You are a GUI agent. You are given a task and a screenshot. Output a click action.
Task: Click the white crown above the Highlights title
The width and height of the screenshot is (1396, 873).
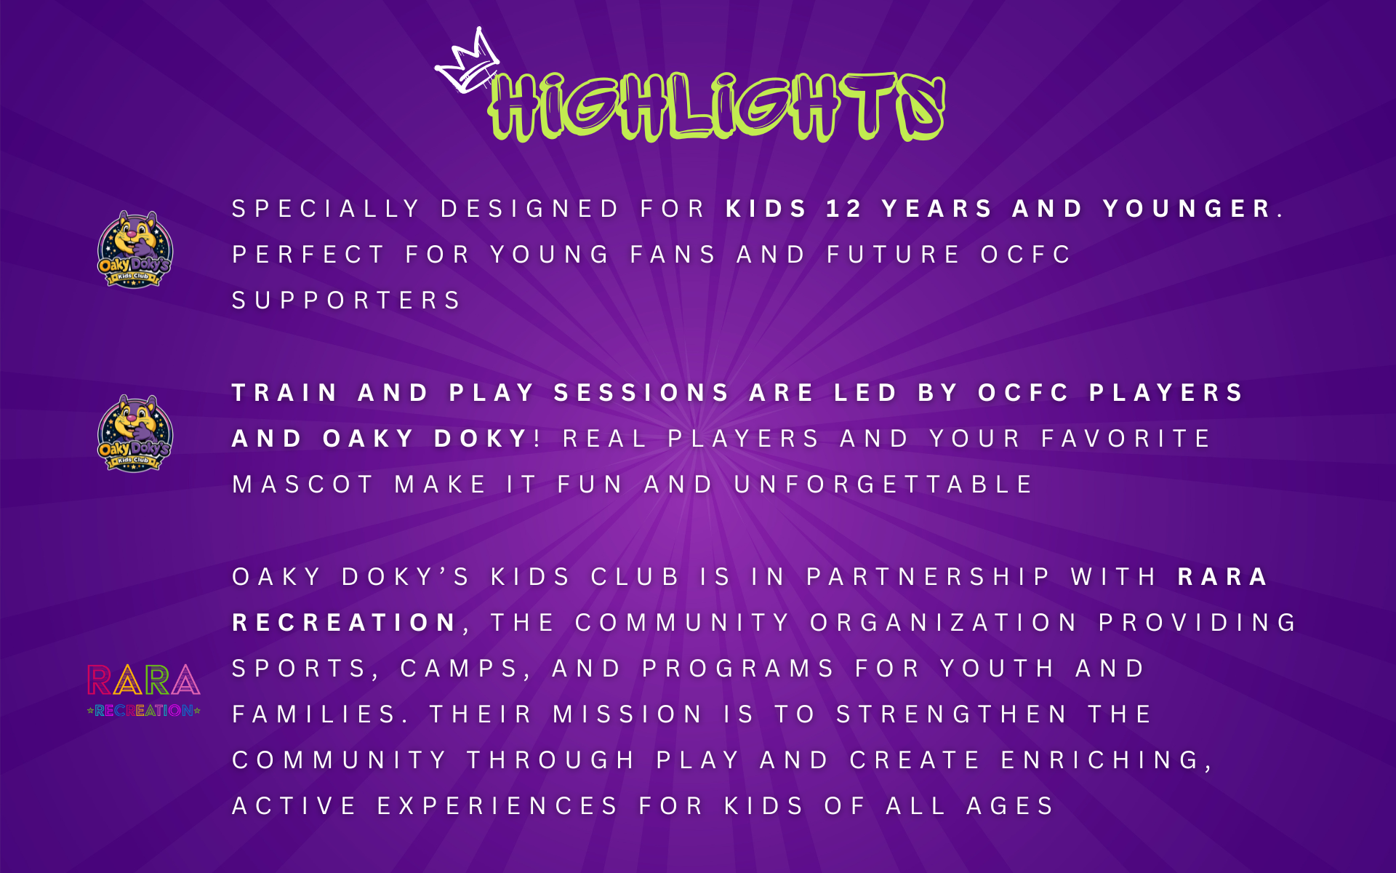pos(467,63)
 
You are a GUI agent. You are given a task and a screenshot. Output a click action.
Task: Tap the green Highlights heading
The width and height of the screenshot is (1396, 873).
pos(716,107)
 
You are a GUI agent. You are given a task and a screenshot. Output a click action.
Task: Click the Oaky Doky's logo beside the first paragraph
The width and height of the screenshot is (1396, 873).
pos(135,249)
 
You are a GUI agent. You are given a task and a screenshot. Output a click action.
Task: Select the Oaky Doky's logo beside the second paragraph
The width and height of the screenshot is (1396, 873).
pos(135,433)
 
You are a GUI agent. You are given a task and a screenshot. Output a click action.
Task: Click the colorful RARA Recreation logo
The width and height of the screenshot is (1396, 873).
pos(143,690)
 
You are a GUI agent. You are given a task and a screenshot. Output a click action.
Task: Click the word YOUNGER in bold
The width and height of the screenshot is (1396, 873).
pos(1187,209)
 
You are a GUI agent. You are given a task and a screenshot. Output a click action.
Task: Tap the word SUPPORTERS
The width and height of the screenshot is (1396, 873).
pos(346,300)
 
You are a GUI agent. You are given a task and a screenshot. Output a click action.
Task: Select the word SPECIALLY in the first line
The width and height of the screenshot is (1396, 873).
pos(326,209)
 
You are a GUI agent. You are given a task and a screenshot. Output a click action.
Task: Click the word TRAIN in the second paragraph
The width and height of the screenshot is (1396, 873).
pos(284,393)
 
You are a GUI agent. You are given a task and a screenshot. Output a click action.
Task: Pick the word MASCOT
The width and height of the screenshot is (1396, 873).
pos(302,485)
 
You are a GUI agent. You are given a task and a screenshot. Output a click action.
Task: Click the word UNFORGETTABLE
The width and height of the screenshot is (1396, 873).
pos(883,485)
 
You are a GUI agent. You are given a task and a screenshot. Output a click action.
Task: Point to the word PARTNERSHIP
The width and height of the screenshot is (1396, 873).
pos(928,577)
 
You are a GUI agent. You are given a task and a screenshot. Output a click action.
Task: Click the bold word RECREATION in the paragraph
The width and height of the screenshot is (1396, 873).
pos(344,623)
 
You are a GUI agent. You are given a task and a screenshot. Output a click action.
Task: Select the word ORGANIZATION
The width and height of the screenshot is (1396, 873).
pos(943,623)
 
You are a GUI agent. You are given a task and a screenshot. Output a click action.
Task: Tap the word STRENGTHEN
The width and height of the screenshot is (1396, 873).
pos(951,714)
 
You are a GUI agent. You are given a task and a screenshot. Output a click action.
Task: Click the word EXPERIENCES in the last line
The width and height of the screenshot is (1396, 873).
pos(497,806)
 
